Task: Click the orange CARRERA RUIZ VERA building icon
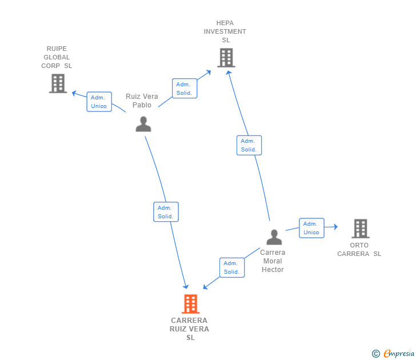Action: coord(190,304)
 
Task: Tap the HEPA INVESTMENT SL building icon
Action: coord(226,58)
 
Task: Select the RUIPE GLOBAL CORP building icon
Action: coord(58,83)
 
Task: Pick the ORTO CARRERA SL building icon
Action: coord(361,229)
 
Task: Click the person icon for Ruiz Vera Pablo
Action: coord(143,124)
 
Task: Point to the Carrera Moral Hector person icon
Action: coord(274,237)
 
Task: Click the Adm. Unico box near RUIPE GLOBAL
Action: coord(99,102)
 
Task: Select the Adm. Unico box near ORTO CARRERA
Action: coord(311,228)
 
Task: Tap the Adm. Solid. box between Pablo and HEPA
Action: coord(185,89)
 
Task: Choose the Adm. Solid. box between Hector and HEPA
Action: coord(249,145)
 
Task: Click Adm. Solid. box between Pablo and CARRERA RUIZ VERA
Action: coord(166,211)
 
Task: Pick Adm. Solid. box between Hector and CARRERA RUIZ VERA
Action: coord(232,267)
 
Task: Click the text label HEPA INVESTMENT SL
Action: coord(225,31)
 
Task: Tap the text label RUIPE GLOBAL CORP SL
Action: coord(57,57)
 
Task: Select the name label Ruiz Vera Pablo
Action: coord(142,101)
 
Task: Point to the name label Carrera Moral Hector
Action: coord(273,261)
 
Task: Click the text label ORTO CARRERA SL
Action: coord(359,249)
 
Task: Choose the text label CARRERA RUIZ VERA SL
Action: coord(190,329)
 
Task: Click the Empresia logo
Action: coord(393,353)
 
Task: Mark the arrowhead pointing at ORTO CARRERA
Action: coord(335,226)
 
